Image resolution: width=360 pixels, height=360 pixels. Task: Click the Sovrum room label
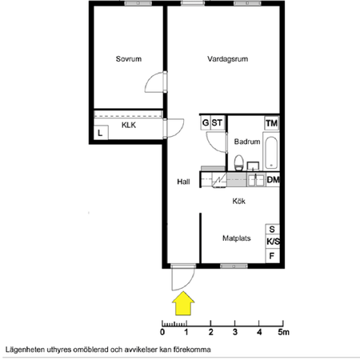(128, 58)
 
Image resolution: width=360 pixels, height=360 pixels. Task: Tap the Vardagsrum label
(225, 58)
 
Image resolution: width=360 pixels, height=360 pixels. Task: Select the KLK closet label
(128, 125)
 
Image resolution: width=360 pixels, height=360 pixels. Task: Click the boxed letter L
(101, 134)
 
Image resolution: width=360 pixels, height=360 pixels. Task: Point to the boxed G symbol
(205, 122)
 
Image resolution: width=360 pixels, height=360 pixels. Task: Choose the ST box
(217, 122)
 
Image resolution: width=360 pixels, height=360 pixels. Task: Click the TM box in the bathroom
(272, 122)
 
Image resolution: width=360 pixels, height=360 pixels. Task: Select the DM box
(273, 180)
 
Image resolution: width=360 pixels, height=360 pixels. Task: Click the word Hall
(183, 182)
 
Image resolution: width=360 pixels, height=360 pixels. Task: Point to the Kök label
(238, 202)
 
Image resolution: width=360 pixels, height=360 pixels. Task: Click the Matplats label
(238, 238)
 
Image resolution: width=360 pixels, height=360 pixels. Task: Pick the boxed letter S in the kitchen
(272, 229)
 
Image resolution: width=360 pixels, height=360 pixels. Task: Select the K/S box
(272, 242)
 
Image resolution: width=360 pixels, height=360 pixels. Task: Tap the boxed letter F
(272, 256)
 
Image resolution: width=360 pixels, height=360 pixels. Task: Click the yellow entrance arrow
(184, 303)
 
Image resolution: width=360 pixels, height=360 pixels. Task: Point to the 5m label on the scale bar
(283, 330)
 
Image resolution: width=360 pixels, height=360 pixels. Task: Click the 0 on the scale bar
(162, 330)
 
